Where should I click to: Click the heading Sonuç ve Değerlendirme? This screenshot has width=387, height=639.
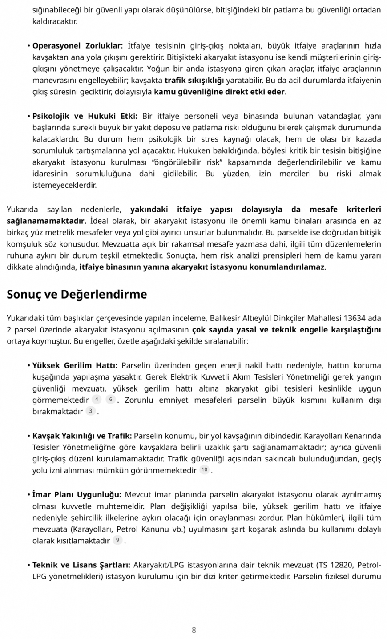tap(77, 295)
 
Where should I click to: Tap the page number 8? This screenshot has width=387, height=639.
tap(193, 630)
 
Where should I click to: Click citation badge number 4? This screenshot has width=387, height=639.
tap(97, 400)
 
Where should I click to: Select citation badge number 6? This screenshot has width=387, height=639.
tap(110, 400)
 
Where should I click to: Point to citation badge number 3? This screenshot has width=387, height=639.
tap(90, 411)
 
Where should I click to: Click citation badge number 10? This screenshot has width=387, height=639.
tap(204, 470)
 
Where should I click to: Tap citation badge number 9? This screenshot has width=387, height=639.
tap(117, 540)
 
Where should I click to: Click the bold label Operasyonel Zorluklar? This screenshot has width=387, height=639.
tap(78, 46)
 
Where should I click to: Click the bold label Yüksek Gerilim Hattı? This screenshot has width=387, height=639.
tap(75, 365)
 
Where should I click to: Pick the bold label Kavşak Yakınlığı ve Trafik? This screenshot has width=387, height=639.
tap(82, 436)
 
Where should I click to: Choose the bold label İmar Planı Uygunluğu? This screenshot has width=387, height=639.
tap(77, 494)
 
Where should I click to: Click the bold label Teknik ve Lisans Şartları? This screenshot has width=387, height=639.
tap(81, 565)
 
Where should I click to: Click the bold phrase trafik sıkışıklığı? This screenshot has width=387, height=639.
tap(194, 81)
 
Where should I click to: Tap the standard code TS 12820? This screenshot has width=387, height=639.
tap(337, 565)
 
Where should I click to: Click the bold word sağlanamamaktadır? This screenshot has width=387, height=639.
tap(45, 221)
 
